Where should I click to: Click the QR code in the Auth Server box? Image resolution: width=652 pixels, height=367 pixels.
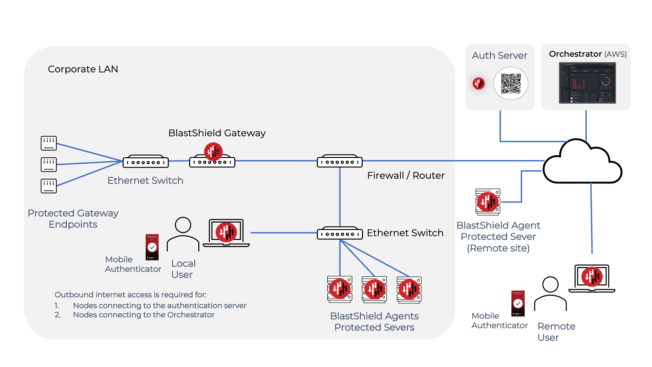(511, 84)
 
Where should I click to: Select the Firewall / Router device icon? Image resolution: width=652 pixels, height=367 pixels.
(340, 162)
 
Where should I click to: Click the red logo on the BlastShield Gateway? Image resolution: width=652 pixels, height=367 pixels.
(213, 152)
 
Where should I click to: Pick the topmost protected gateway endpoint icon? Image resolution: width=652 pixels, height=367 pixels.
(49, 143)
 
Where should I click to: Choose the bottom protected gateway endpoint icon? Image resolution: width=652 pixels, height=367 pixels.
(49, 186)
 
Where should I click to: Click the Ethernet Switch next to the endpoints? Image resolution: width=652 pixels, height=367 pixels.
(146, 162)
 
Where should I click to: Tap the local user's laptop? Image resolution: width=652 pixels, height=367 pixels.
(226, 233)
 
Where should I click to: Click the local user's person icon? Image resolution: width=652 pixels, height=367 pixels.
(183, 234)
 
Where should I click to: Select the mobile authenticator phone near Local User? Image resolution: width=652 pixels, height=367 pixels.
(152, 247)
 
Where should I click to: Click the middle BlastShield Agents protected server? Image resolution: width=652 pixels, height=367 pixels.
(374, 290)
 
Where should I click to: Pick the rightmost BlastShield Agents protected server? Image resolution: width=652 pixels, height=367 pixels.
(409, 290)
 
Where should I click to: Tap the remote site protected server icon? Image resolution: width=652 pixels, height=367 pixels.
(488, 202)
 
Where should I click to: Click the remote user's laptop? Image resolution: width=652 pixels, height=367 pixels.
(592, 278)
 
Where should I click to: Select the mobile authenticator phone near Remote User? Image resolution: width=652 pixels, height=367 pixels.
(518, 303)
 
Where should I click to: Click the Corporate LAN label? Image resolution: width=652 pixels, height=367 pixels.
(83, 69)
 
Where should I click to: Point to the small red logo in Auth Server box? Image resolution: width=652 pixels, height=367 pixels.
(478, 83)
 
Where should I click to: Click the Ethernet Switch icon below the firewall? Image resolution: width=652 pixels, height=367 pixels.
(340, 234)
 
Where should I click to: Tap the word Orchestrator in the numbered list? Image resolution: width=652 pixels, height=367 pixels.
(191, 315)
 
